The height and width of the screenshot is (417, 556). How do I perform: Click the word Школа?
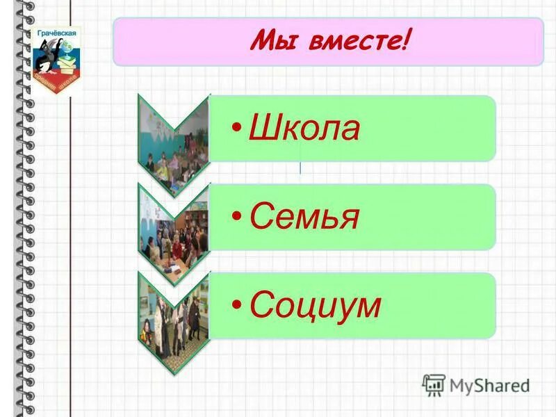pyautogui.click(x=304, y=130)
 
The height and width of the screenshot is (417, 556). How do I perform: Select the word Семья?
pyautogui.click(x=304, y=218)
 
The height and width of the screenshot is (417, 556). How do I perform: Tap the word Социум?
pyautogui.click(x=315, y=305)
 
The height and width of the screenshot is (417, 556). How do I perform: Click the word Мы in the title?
pyautogui.click(x=269, y=44)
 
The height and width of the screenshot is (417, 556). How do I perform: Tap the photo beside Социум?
pyautogui.click(x=174, y=316)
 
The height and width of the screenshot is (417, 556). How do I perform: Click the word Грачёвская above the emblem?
pyautogui.click(x=58, y=32)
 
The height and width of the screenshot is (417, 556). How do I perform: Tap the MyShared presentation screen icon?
pyautogui.click(x=434, y=384)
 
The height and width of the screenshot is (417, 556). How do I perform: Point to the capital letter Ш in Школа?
pyautogui.click(x=263, y=130)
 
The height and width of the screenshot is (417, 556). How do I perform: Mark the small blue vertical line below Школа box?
pyautogui.click(x=300, y=167)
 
